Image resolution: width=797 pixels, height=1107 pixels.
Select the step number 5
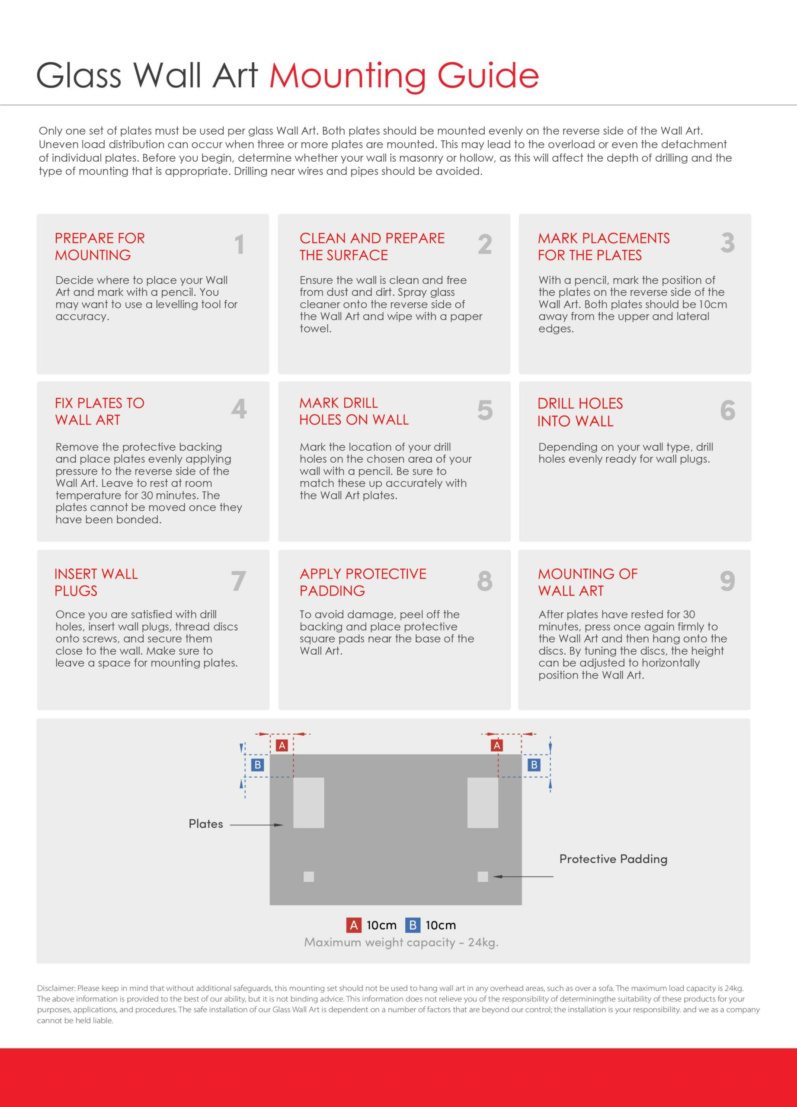point(485,410)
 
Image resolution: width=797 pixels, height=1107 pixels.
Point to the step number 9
point(727,581)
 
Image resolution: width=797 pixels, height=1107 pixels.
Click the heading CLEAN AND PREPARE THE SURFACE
point(372,246)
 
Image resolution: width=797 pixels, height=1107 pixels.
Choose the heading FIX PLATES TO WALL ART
point(99,412)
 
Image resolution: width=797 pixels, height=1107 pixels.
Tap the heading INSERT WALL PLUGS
point(96,582)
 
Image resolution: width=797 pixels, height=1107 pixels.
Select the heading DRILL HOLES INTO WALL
point(580,413)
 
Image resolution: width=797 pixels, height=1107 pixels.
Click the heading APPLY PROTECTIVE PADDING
point(363,582)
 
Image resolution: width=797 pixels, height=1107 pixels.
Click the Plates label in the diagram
point(206,824)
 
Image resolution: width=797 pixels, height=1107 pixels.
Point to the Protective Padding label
point(614,859)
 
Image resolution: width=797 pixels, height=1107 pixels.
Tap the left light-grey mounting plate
point(308,803)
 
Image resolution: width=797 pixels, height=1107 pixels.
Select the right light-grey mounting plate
point(483,803)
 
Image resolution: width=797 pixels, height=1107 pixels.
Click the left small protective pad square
point(308,877)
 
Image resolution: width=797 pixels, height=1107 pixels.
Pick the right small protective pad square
point(483,877)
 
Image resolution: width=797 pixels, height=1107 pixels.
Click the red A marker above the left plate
point(282,745)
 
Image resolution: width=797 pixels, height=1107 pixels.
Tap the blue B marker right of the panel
point(534,765)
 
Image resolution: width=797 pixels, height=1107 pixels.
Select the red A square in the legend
point(354,925)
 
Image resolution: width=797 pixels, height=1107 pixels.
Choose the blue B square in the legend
point(413,925)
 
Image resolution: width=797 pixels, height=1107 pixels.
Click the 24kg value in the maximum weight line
point(483,943)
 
